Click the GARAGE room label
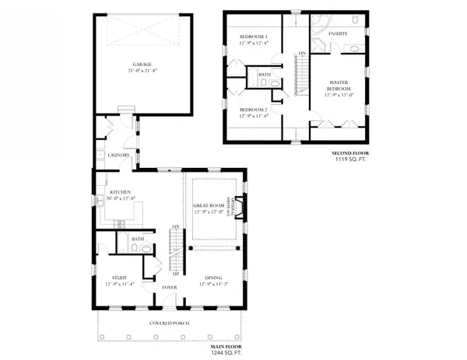142,65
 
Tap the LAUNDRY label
118,155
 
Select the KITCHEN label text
119,191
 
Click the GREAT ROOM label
208,204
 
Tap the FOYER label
169,288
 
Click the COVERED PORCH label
170,323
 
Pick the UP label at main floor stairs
176,274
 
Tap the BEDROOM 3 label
253,37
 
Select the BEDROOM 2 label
253,110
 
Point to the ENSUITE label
339,35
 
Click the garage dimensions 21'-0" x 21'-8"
142,71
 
